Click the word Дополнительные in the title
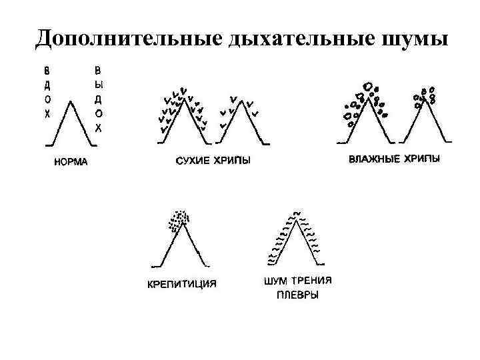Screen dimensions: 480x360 (x=127, y=37)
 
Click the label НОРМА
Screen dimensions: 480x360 (x=71, y=162)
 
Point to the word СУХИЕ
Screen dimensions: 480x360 (x=192, y=161)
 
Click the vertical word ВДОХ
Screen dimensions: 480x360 (x=47, y=93)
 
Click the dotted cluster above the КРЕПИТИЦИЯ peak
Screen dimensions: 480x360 (x=179, y=219)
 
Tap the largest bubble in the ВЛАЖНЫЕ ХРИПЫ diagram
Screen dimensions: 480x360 (x=367, y=87)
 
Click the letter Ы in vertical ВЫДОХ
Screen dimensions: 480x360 (x=98, y=85)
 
